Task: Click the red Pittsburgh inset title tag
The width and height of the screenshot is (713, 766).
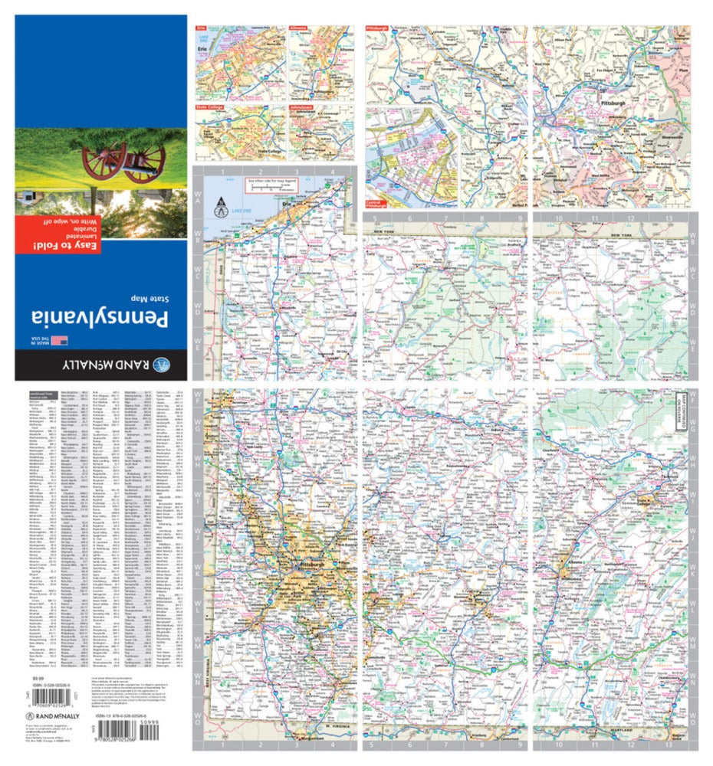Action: [379, 28]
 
